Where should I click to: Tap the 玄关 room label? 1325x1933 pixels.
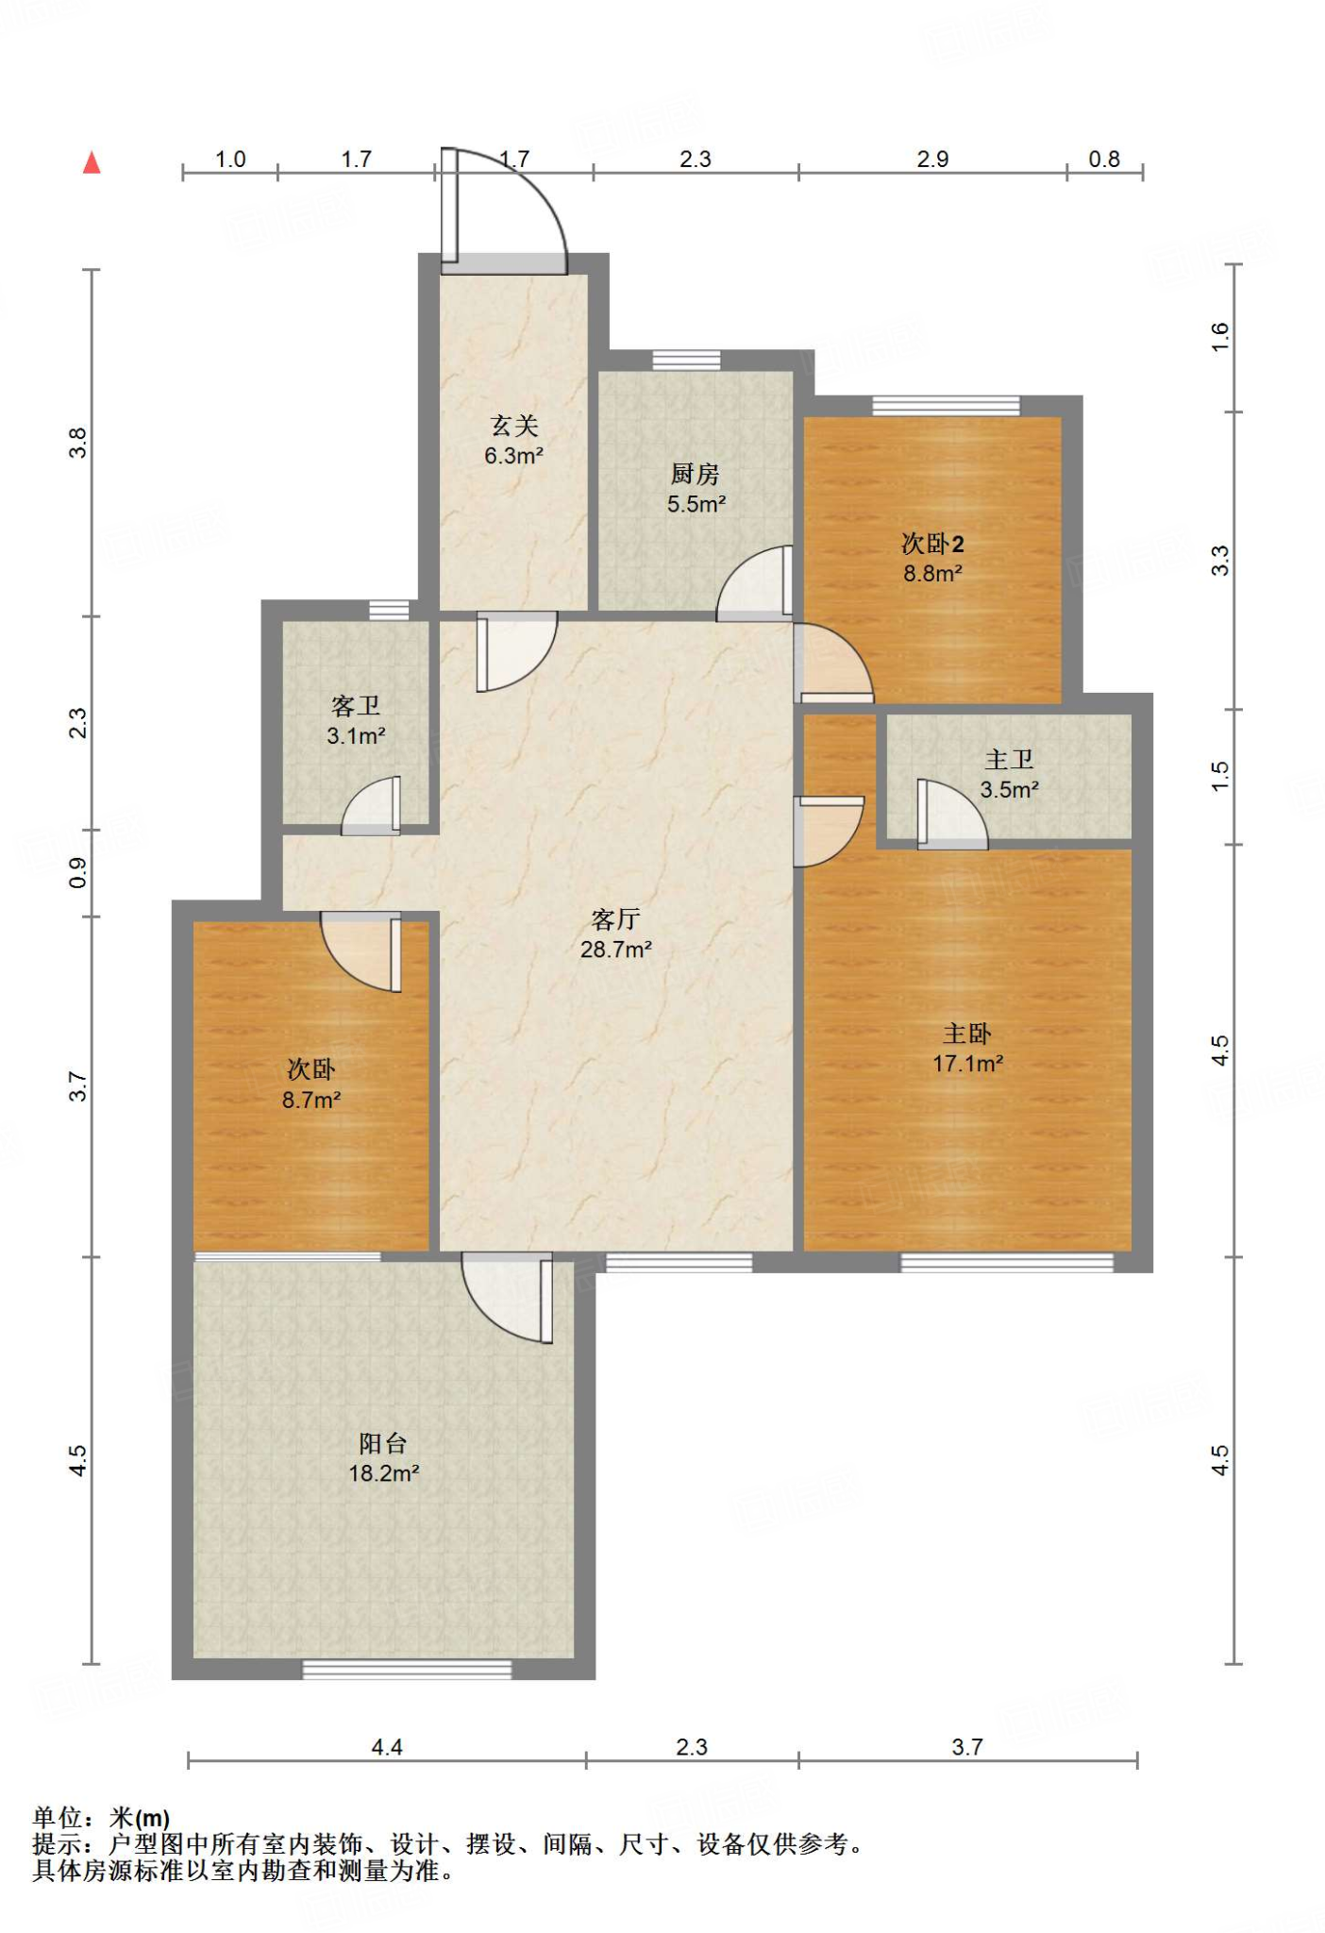coord(514,427)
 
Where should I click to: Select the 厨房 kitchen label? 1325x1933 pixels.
coord(696,474)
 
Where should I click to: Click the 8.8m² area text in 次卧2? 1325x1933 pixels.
coord(932,573)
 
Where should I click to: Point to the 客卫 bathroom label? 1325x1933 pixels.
coord(356,706)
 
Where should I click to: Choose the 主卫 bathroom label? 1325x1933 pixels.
coord(1009,760)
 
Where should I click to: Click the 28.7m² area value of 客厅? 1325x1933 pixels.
coord(616,950)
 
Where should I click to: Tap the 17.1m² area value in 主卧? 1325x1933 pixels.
coord(967,1064)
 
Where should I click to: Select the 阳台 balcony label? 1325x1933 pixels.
coord(383,1443)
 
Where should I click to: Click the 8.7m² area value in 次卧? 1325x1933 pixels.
coord(311,1100)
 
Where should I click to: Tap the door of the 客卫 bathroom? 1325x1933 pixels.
coord(371,806)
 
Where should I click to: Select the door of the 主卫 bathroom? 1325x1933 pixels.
coord(952,815)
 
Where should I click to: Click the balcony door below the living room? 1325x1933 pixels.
coord(507,1298)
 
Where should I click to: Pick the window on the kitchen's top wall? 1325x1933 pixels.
coord(686,361)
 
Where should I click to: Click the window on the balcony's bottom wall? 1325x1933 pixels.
coord(407,1670)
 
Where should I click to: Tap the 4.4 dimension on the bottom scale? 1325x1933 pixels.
coord(387,1747)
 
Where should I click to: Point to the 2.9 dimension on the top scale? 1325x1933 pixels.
coord(932,159)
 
